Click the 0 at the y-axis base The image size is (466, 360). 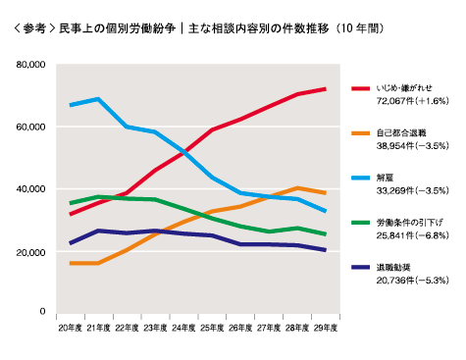[x=42, y=312]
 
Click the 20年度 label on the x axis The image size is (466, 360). [x=70, y=326]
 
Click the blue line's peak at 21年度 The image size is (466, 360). [x=97, y=99]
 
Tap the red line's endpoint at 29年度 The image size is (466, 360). [x=326, y=89]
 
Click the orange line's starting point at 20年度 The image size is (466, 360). [x=70, y=263]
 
